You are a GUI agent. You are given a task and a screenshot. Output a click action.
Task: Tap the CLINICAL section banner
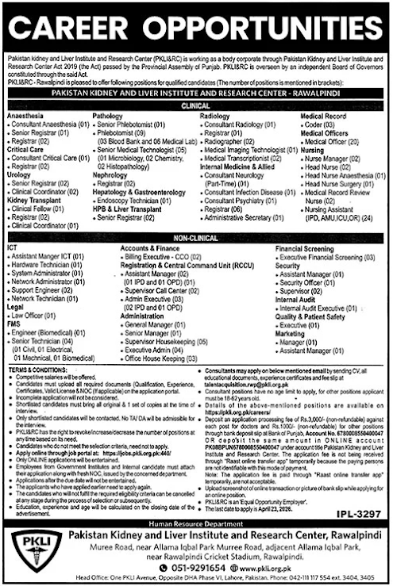point(196,104)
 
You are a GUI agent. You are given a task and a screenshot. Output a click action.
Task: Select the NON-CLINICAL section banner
point(196,237)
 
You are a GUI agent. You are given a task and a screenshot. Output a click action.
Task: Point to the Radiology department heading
point(214,116)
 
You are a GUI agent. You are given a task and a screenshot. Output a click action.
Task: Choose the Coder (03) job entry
point(321,124)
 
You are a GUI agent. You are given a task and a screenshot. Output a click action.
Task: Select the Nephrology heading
point(112,174)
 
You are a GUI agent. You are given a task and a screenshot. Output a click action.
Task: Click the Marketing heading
point(291,334)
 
